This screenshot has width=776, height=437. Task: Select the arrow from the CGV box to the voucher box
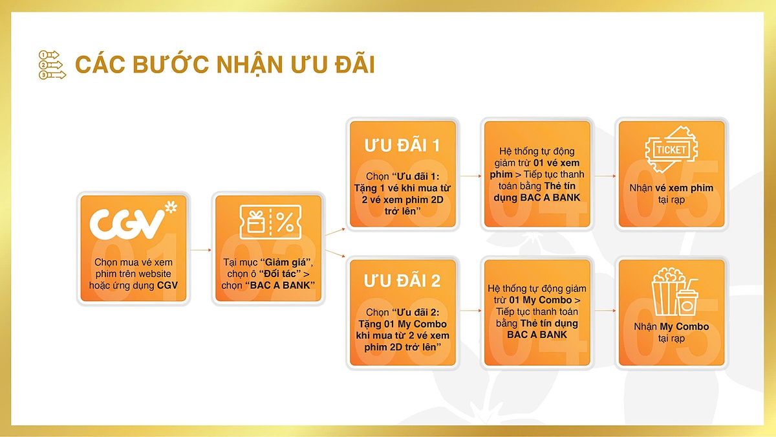coord(201,249)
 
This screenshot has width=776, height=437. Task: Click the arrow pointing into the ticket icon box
coord(603,175)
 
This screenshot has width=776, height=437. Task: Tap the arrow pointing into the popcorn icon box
coord(603,311)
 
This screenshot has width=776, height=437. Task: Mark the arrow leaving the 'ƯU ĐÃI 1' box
coord(469,175)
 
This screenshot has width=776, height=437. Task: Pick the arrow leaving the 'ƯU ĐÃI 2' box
coord(469,311)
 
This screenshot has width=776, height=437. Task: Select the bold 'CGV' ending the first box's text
coord(167,286)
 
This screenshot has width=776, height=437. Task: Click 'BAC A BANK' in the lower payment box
coord(537,335)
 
